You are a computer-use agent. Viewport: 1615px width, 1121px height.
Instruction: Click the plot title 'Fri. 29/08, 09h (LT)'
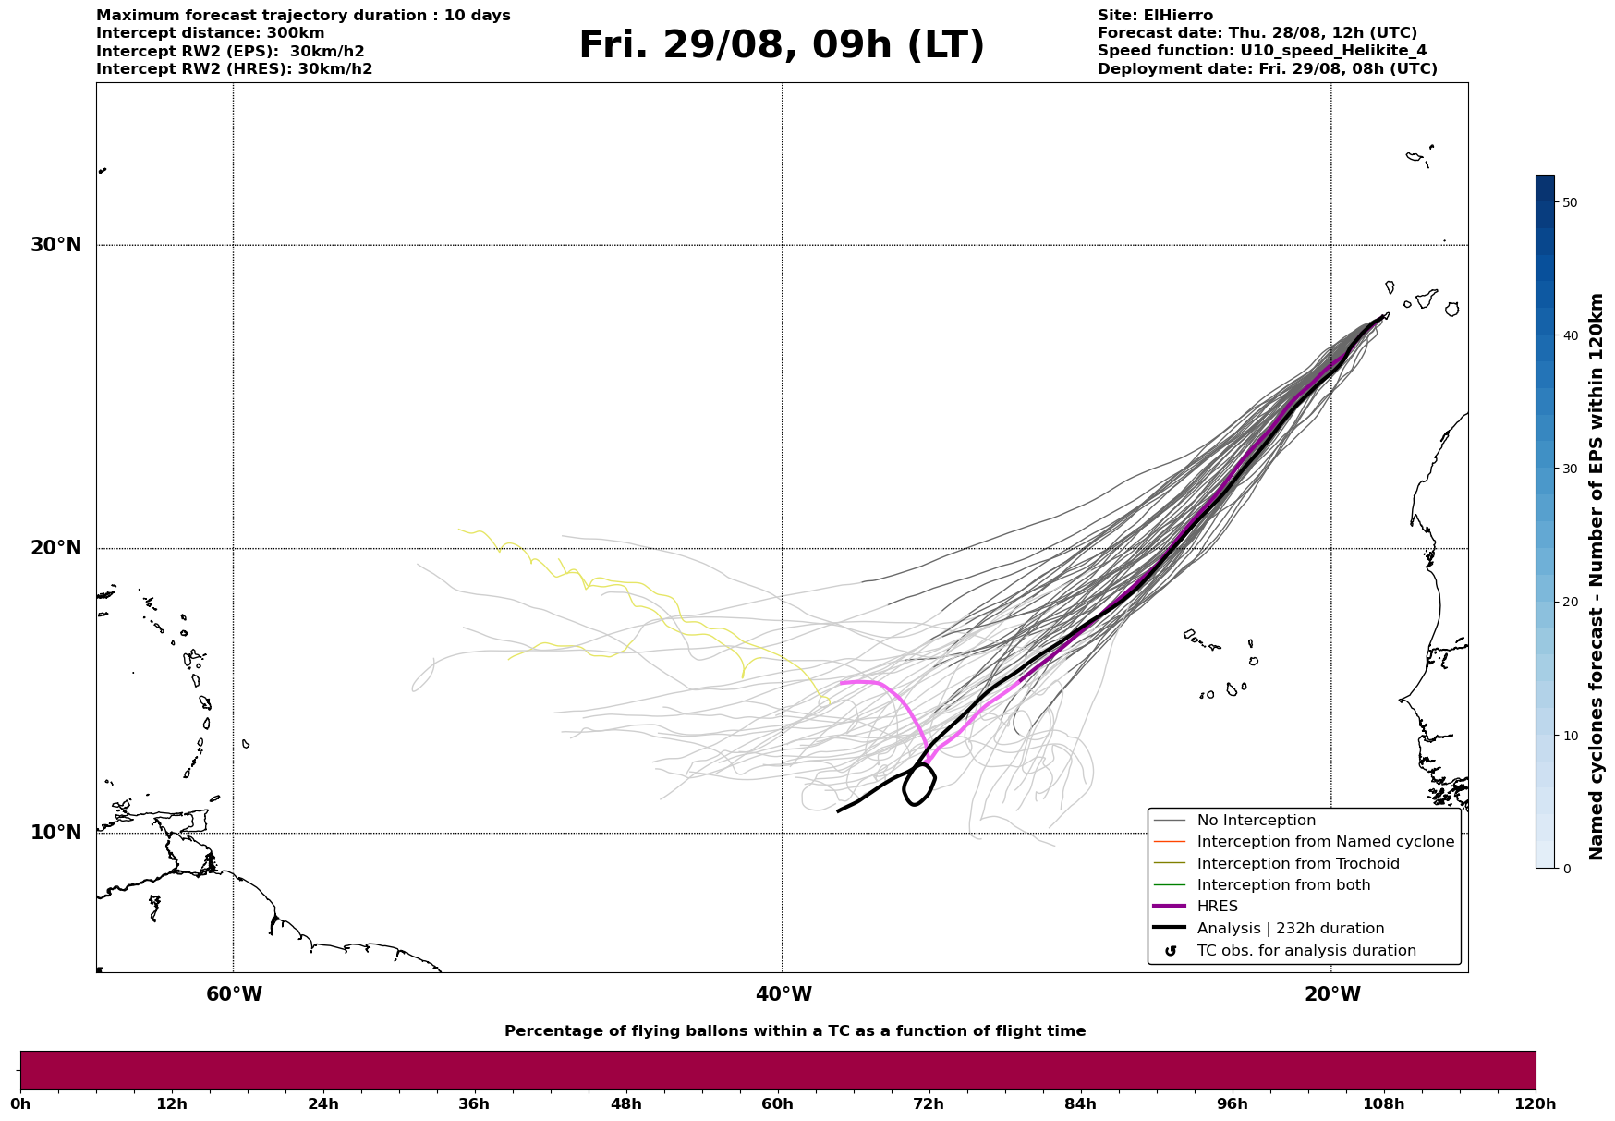click(782, 45)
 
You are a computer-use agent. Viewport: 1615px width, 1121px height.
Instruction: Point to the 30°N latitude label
click(56, 245)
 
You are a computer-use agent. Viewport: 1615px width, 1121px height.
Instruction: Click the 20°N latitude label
click(56, 548)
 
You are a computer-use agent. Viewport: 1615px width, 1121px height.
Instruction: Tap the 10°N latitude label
click(56, 833)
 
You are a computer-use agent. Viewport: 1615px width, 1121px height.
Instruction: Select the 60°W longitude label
click(234, 994)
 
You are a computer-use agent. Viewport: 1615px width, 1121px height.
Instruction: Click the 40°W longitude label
click(783, 994)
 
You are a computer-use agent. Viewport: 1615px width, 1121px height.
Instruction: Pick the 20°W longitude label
click(1332, 994)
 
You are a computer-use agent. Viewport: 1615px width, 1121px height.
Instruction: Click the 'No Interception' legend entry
click(1256, 821)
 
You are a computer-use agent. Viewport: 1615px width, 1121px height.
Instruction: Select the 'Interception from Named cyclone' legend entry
click(1325, 842)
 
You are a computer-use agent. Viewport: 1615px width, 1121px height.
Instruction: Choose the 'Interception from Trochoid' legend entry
click(1297, 864)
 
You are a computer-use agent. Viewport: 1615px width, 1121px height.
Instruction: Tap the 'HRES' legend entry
click(1217, 907)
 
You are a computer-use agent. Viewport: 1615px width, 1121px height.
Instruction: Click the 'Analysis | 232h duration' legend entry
click(1290, 929)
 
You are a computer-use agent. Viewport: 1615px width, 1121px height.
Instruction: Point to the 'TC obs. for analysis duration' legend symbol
click(1171, 951)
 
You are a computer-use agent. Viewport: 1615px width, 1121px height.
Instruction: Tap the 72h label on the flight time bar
click(929, 1103)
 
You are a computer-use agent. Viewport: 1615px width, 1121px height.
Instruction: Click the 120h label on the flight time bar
click(1534, 1103)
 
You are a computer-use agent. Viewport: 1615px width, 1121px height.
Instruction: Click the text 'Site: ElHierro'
click(1155, 16)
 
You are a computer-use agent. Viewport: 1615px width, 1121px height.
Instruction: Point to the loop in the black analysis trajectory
click(918, 785)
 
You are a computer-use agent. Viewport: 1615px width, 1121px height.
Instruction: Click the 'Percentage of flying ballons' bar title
click(795, 1031)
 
